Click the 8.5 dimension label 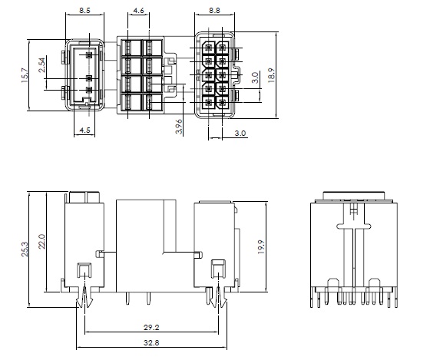pyautogui.click(x=84, y=11)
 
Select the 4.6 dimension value pyautogui.click(x=138, y=11)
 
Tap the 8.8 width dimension pyautogui.click(x=214, y=11)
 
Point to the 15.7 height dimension pyautogui.click(x=25, y=75)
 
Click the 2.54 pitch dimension pyautogui.click(x=42, y=65)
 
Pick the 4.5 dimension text pyautogui.click(x=84, y=130)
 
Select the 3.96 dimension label pyautogui.click(x=179, y=127)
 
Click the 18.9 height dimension pyautogui.click(x=272, y=75)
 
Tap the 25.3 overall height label pyautogui.click(x=25, y=249)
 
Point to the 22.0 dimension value pyautogui.click(x=41, y=241)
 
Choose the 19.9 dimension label pyautogui.click(x=261, y=246)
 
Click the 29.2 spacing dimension pyautogui.click(x=151, y=327)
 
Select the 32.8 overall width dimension pyautogui.click(x=151, y=342)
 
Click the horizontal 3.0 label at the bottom pyautogui.click(x=240, y=134)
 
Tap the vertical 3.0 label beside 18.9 pyautogui.click(x=255, y=78)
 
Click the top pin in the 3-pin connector pyautogui.click(x=89, y=55)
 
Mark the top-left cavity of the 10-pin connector pyautogui.click(x=209, y=48)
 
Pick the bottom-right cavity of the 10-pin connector pyautogui.click(x=223, y=102)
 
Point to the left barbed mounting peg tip pyautogui.click(x=80, y=307)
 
